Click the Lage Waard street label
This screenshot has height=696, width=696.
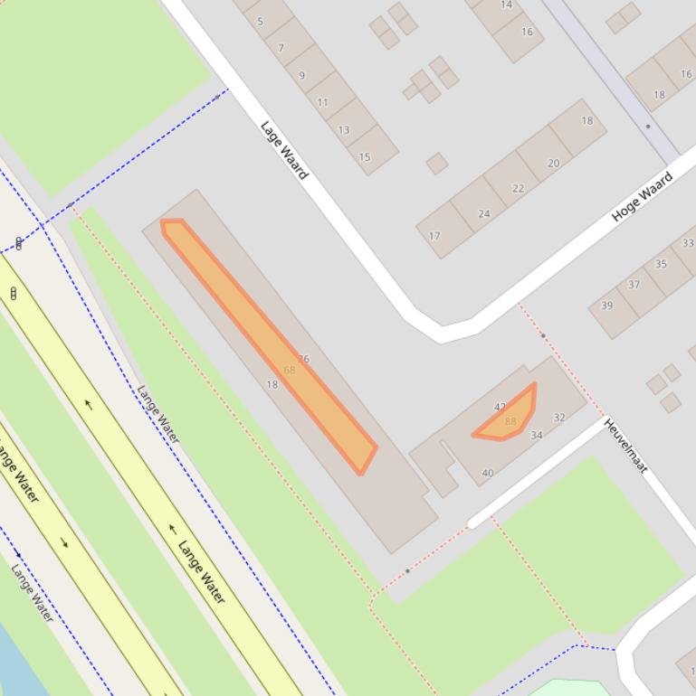coord(284,150)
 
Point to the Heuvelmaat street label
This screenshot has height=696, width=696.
coord(625,445)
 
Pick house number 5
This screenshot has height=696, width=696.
coord(261,22)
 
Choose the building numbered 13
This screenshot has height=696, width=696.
coord(344,129)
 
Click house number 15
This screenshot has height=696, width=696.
coord(365,156)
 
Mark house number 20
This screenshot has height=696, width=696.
coord(553,163)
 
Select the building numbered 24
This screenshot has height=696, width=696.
coord(484,214)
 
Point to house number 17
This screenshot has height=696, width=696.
coord(434,236)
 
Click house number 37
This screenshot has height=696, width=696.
coord(634,285)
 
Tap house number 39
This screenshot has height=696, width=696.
coord(606,306)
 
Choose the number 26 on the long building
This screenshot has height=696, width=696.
coord(303,359)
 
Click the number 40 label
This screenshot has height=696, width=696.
coord(488,473)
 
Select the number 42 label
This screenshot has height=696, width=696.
coord(500,408)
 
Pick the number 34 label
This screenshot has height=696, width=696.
coord(537,435)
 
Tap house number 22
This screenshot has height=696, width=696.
coord(518,188)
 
